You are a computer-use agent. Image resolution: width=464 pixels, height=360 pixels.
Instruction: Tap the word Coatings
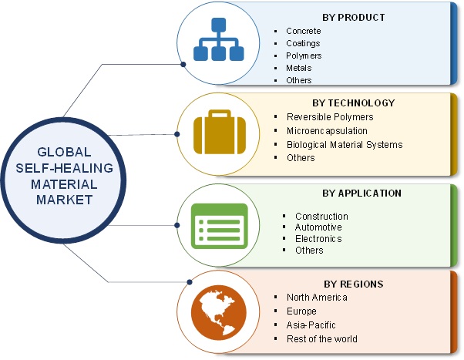click(x=303, y=43)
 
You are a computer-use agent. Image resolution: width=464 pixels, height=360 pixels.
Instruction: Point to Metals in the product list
click(x=299, y=68)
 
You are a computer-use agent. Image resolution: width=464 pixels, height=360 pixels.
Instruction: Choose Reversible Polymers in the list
click(x=329, y=116)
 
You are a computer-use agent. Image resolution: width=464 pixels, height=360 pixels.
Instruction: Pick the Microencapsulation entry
click(x=327, y=130)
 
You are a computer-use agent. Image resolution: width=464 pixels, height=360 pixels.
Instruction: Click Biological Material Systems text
click(x=344, y=144)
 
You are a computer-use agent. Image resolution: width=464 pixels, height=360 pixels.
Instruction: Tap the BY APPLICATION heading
click(x=356, y=193)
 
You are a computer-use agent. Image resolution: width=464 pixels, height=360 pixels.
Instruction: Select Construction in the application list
click(x=321, y=216)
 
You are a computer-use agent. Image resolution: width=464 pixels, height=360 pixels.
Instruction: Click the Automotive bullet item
click(x=318, y=227)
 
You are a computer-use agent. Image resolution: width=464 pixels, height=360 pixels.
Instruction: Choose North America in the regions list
click(x=317, y=297)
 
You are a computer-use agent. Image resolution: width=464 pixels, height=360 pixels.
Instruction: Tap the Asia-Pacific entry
click(x=312, y=325)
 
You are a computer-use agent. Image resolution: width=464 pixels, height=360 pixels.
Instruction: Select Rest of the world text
click(x=322, y=338)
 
